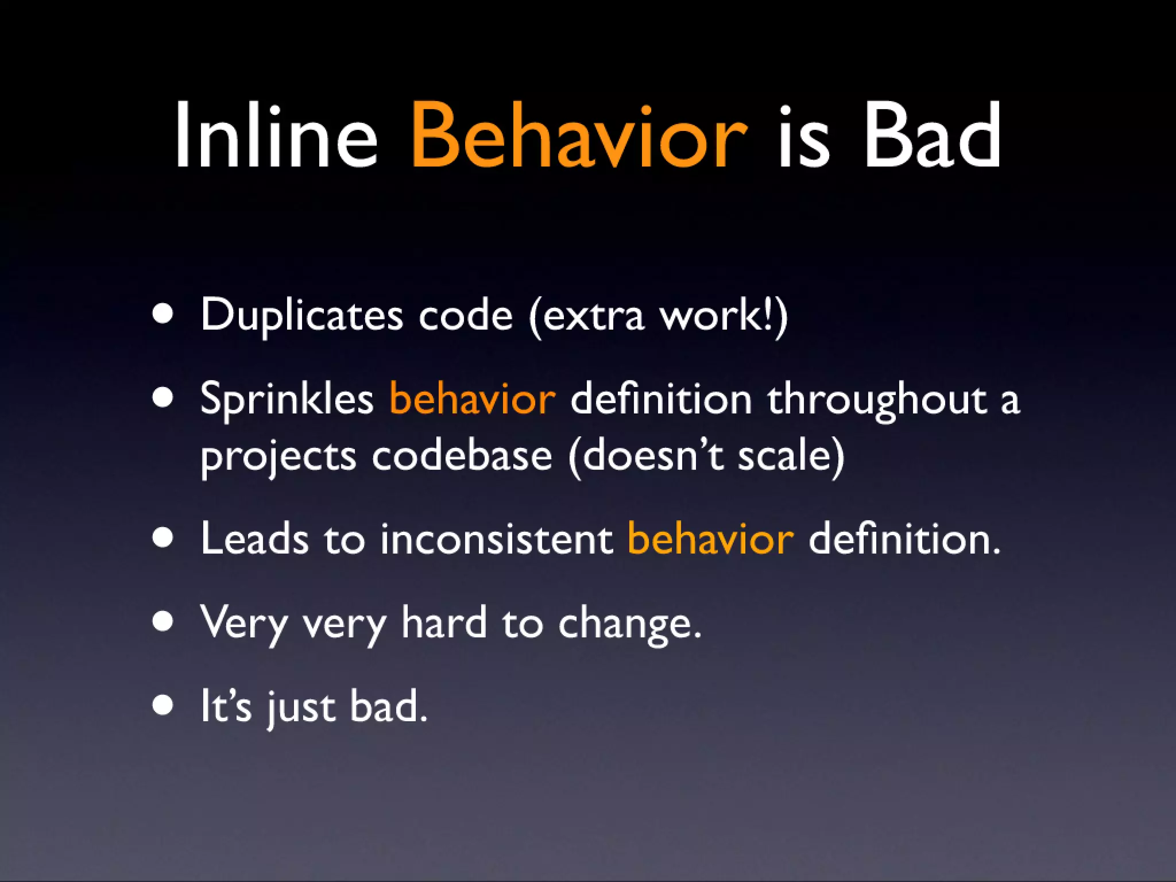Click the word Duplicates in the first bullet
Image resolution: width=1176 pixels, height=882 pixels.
click(301, 316)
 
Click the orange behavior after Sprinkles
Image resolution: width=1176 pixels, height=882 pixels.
click(472, 399)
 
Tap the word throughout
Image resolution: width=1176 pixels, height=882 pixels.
click(876, 399)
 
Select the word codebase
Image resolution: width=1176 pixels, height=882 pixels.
click(462, 456)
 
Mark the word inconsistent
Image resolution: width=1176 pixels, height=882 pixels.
click(496, 539)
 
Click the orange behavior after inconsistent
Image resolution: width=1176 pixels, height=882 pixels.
click(710, 539)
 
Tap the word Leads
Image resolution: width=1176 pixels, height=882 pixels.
click(254, 539)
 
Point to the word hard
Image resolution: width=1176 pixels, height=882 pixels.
click(443, 622)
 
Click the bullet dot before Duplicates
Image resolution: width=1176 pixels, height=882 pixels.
click(163, 315)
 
